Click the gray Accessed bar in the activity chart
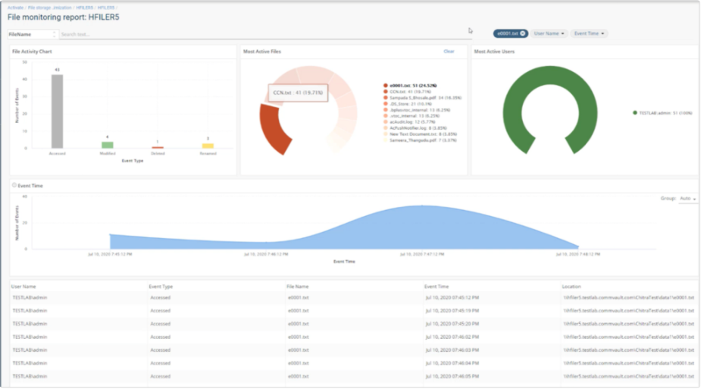[x=57, y=111]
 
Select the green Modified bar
[x=108, y=145]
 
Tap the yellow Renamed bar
[x=208, y=146]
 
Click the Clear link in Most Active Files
[x=449, y=52]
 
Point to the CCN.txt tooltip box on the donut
[x=298, y=93]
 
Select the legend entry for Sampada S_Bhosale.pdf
[x=424, y=98]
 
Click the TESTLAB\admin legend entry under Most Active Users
[x=659, y=112]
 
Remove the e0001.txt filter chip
[x=523, y=33]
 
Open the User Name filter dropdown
[x=549, y=33]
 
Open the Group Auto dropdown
[x=688, y=199]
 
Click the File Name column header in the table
[x=298, y=287]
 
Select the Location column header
[x=571, y=287]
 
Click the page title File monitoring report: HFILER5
[x=64, y=16]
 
